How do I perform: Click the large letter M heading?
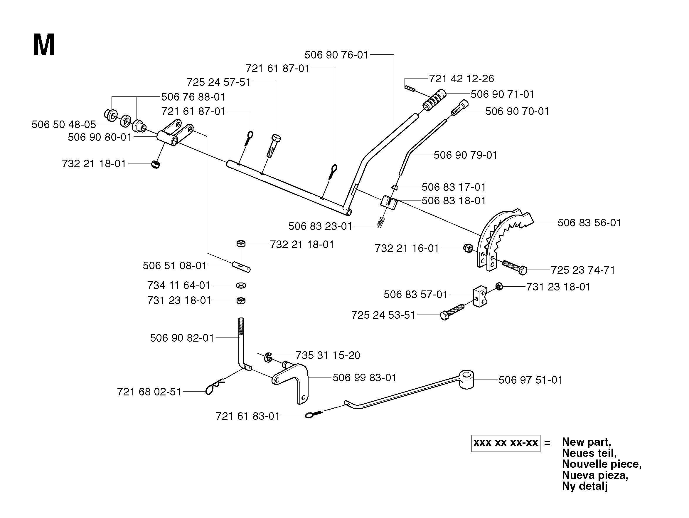pos(44,45)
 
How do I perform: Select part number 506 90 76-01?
pos(336,55)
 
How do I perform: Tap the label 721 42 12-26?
pos(461,78)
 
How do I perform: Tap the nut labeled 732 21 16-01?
pos(468,248)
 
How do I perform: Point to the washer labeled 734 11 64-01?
pos(241,285)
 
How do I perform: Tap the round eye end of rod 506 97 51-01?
pos(466,379)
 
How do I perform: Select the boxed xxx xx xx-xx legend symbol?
pos(506,443)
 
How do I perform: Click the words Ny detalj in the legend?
pos(585,486)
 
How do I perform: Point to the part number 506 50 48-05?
pos(64,125)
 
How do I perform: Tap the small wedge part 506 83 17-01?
pos(394,187)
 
